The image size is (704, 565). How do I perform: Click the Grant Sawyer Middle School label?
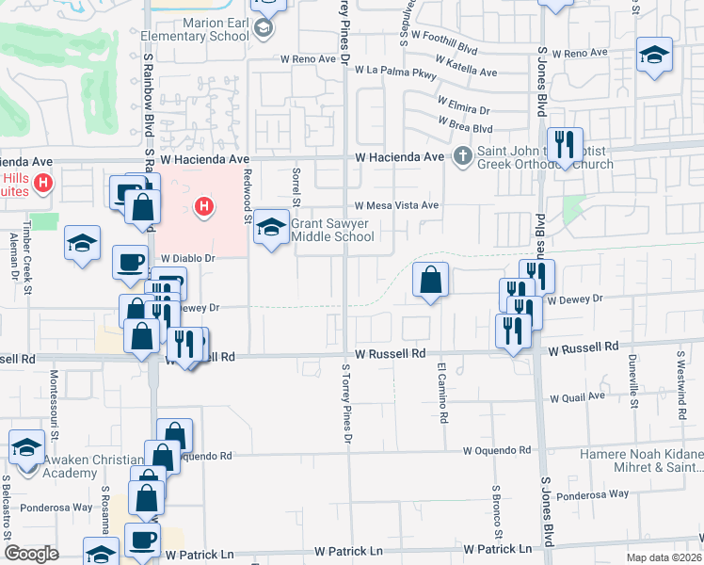[x=332, y=230]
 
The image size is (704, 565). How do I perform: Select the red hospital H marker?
[x=202, y=206]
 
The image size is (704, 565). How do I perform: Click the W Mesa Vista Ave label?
[x=396, y=205]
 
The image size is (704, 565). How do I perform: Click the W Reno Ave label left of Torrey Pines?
[x=308, y=58]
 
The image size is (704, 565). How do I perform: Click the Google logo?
[x=32, y=554]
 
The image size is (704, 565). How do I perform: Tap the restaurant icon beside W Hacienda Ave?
[x=565, y=145]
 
